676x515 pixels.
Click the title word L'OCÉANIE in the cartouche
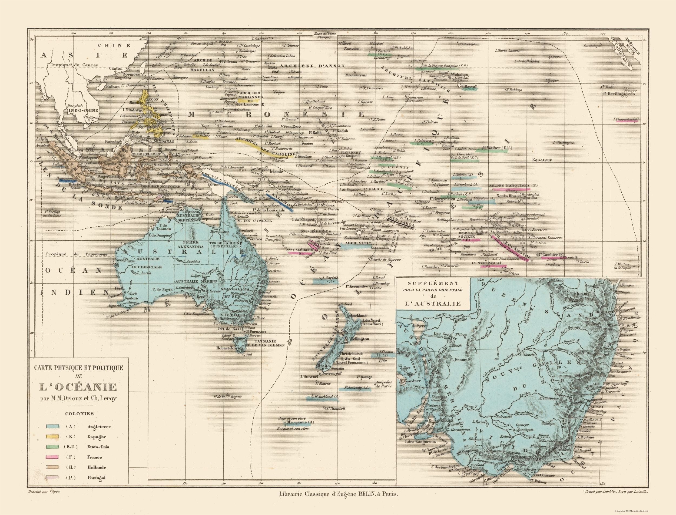click(78, 387)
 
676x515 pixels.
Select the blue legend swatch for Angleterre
click(52, 426)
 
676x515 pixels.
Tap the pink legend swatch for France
click(52, 457)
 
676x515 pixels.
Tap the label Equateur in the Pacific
click(542, 160)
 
